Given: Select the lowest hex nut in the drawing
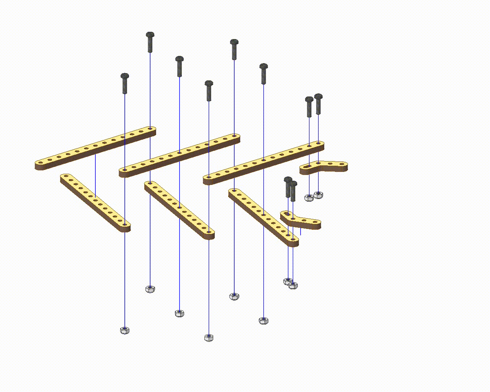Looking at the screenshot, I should point(209,337).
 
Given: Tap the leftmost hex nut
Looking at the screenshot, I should point(124,330).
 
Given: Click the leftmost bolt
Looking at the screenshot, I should point(125,83).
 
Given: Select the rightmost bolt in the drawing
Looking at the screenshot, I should point(318,103).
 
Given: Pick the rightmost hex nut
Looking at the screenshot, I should point(318,195).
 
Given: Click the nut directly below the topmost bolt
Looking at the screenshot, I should point(150,289).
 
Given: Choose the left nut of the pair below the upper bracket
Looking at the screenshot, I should point(309,198).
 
